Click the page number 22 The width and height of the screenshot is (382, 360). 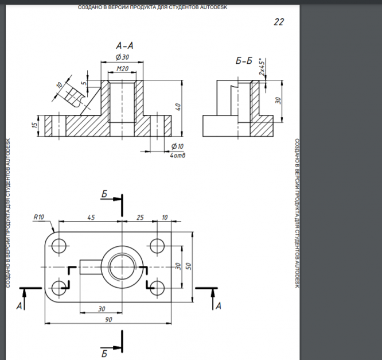(279, 22)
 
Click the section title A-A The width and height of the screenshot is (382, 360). (124, 45)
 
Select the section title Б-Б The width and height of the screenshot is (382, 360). (244, 61)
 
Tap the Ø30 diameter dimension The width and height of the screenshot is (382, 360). (122, 57)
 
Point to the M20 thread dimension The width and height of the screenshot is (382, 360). (122, 69)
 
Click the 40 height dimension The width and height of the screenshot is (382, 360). (178, 107)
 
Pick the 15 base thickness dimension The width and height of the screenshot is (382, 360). (35, 125)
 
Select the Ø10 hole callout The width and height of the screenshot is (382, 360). (177, 146)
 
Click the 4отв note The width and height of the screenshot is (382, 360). (178, 156)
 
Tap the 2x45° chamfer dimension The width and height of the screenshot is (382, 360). (262, 67)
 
